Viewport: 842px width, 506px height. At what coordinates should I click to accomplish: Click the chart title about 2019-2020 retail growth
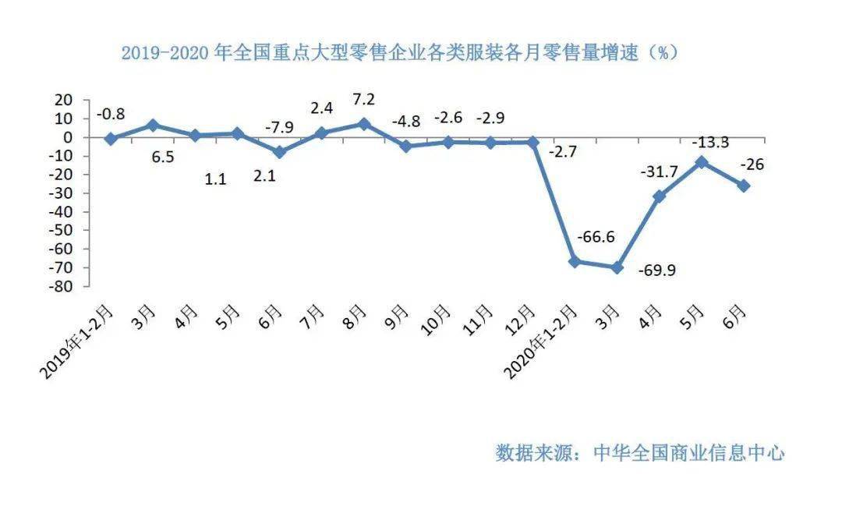(399, 53)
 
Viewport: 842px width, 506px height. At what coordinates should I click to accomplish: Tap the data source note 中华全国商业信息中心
(639, 453)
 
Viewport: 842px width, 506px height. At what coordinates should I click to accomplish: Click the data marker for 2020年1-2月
(575, 262)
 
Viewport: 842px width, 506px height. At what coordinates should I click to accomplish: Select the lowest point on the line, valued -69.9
(617, 267)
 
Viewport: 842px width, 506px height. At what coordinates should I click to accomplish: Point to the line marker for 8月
(363, 124)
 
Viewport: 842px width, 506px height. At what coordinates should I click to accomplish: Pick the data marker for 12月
(533, 142)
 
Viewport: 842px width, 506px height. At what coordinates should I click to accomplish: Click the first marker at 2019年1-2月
(111, 139)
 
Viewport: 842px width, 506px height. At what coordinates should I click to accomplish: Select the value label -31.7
(659, 171)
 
